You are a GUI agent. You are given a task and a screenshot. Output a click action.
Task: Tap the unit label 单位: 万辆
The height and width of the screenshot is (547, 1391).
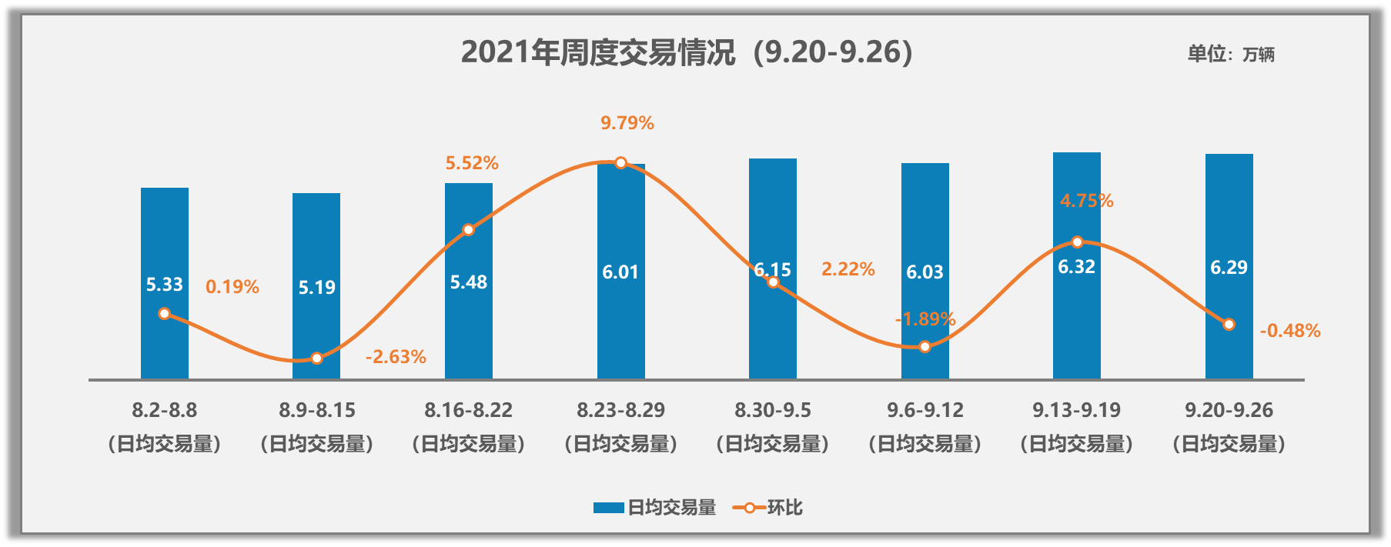[x=1230, y=54]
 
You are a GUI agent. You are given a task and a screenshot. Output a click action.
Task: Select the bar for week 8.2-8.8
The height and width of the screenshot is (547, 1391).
[x=164, y=231]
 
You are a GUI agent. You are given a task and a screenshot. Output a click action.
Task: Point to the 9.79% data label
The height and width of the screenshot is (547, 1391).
[x=627, y=123]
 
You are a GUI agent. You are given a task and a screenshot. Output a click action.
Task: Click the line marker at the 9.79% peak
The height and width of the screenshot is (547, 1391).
[x=620, y=163]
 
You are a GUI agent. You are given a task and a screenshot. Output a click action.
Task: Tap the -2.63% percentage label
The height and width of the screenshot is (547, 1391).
[x=396, y=357]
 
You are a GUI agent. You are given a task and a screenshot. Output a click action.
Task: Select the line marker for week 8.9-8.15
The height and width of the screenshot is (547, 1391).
[x=316, y=359]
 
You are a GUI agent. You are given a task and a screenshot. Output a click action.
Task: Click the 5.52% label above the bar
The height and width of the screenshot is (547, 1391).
[x=472, y=163]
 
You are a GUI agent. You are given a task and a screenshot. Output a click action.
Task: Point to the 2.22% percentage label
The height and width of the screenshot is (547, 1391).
[x=848, y=269]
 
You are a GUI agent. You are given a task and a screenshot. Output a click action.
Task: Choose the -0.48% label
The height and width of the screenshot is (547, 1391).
[x=1289, y=331]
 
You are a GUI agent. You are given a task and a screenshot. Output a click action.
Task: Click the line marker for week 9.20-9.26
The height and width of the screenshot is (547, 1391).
[x=1229, y=325]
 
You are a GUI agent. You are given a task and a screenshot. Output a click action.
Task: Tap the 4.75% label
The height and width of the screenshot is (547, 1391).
[x=1086, y=201]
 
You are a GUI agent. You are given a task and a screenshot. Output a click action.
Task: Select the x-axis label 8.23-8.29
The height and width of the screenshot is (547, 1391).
[x=620, y=410]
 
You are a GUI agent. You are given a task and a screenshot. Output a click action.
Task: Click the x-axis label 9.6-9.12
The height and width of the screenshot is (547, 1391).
[x=925, y=410]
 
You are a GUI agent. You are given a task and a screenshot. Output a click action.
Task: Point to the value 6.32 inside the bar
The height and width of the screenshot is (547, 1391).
[x=1076, y=267]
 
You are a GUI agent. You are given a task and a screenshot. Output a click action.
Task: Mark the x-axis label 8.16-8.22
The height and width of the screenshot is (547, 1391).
[x=468, y=410]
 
